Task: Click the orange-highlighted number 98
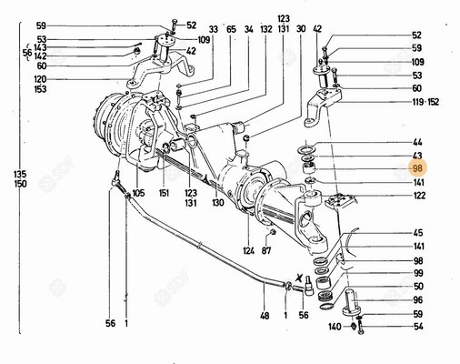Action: (x=417, y=168)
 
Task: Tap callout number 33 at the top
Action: (x=214, y=30)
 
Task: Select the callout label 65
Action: (x=231, y=29)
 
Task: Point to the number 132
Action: (x=265, y=29)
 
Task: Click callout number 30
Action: (x=301, y=29)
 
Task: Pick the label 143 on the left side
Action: (x=40, y=47)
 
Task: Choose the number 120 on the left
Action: (x=40, y=79)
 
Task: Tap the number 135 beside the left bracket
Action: (x=20, y=174)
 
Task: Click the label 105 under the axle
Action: (x=138, y=193)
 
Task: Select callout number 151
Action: (x=164, y=193)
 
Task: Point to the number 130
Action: (x=218, y=203)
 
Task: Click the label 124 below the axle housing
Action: (x=248, y=251)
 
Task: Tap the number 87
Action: (x=266, y=251)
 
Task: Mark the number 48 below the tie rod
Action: (x=265, y=316)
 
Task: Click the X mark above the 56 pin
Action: (x=299, y=278)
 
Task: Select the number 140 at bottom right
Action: (x=335, y=327)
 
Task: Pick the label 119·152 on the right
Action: (x=425, y=102)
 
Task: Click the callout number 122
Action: (x=419, y=196)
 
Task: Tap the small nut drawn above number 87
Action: (x=273, y=232)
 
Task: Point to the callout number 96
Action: (x=417, y=300)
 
